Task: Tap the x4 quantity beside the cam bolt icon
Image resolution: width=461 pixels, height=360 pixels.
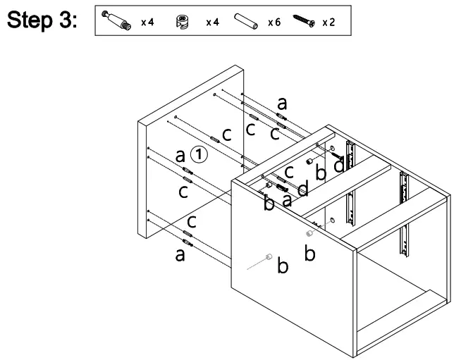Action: coord(147,23)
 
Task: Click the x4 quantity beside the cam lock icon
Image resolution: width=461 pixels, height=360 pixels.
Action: coord(212,23)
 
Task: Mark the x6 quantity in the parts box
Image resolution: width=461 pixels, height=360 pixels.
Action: coord(274,23)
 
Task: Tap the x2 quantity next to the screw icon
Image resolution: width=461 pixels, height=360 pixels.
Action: coord(328,23)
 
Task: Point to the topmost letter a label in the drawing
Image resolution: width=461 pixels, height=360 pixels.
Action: coord(282,102)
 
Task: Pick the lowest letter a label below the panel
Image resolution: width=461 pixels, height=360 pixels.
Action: coord(180,254)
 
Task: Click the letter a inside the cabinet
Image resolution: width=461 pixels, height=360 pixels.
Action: coord(287,200)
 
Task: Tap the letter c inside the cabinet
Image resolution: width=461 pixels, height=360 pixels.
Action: coord(289,171)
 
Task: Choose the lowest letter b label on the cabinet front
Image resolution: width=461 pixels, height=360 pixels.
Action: coord(282,266)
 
